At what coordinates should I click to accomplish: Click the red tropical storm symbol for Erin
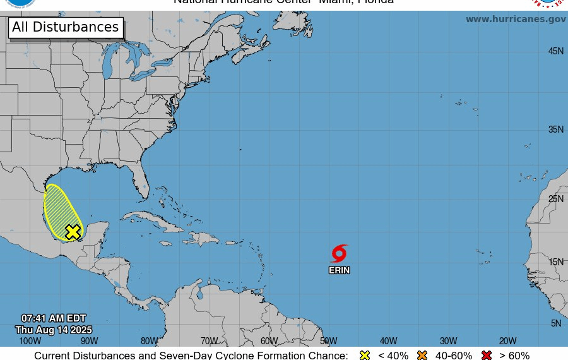[x=340, y=254]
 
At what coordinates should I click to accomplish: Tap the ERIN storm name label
[x=339, y=270]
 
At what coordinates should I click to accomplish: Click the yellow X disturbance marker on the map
[x=73, y=232]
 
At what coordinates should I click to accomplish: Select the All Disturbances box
[x=66, y=27]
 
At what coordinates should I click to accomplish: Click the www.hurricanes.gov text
[x=516, y=19]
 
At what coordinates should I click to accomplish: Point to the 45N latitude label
[x=555, y=51]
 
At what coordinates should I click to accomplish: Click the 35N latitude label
[x=555, y=129]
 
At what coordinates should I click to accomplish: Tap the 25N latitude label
[x=555, y=199]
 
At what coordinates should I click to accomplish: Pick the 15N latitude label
[x=555, y=262]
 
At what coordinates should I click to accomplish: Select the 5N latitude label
[x=556, y=323]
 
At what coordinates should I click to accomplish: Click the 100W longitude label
[x=30, y=341]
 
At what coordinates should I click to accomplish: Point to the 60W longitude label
[x=269, y=341]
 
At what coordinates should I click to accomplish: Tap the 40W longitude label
[x=389, y=341]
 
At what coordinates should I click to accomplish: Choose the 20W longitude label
[x=508, y=341]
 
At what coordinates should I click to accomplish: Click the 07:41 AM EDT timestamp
[x=54, y=318]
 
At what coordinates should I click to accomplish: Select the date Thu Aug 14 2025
[x=54, y=330]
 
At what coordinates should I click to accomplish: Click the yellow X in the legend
[x=365, y=355]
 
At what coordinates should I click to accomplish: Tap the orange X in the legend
[x=422, y=355]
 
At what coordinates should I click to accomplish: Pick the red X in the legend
[x=487, y=355]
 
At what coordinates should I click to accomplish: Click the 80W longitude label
[x=150, y=341]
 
